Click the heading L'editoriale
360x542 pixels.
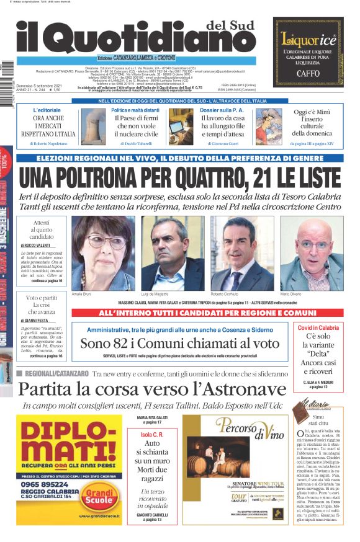[x=47, y=110]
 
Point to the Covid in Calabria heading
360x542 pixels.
[x=318, y=327]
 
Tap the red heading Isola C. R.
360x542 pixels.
[x=151, y=433]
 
